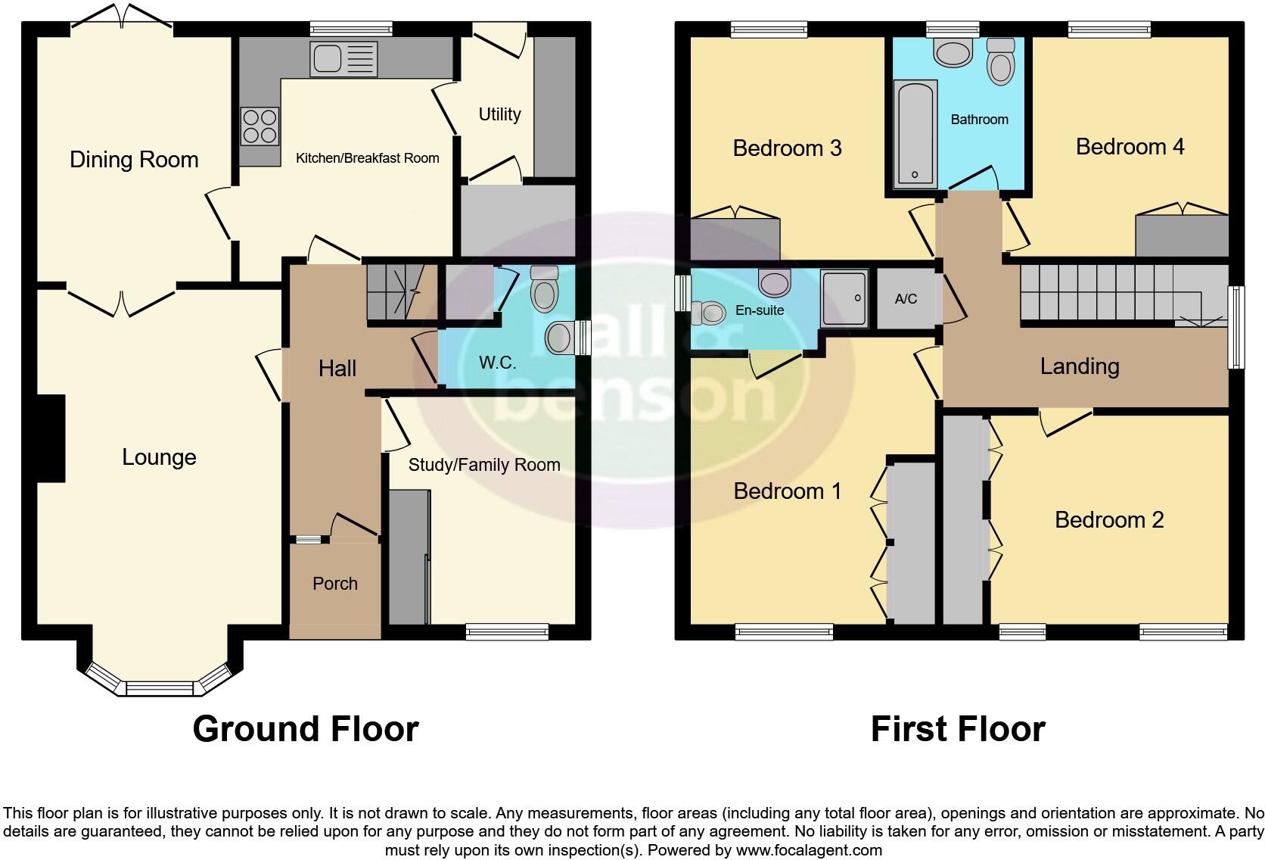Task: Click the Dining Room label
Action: pos(134,160)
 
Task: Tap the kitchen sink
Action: pos(343,59)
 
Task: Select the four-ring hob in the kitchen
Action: pos(260,126)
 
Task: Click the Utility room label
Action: pos(499,114)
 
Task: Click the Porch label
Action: pos(335,584)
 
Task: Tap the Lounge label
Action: pos(159,457)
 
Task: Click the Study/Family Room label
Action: pos(484,465)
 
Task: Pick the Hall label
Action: pos(337,369)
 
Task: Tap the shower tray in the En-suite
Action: pos(844,300)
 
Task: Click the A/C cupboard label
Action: pos(906,299)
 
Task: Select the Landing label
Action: pos(1079,366)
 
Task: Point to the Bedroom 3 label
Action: pos(787,148)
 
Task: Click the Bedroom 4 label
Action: pos(1130,147)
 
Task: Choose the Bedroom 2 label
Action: pos(1108,520)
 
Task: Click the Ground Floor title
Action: pos(306,729)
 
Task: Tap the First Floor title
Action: pos(957,729)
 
